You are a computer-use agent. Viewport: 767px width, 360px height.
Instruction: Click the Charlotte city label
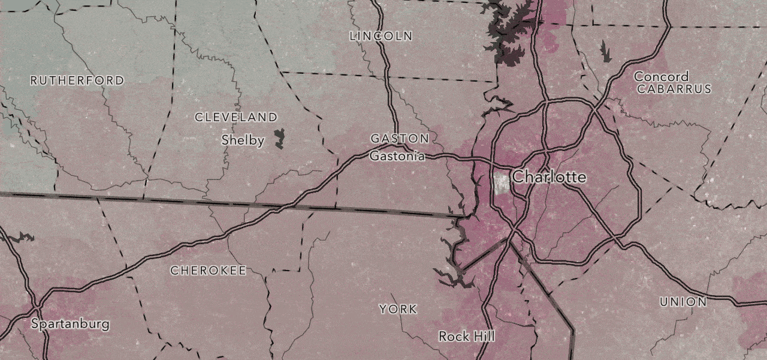(549, 177)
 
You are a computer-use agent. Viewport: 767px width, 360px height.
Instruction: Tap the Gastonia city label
(397, 157)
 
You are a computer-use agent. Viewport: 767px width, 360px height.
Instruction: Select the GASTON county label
(399, 139)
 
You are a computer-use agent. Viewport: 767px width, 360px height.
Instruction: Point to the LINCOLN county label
(381, 36)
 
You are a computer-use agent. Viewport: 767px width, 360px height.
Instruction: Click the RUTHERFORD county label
(77, 80)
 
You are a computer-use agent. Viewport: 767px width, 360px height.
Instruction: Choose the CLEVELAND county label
(236, 117)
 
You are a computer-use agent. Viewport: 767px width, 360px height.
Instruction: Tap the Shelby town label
(243, 140)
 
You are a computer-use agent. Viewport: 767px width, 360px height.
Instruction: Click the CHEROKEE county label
(208, 271)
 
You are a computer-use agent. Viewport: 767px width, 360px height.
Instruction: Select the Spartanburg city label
(70, 324)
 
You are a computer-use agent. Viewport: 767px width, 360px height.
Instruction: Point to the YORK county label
(398, 309)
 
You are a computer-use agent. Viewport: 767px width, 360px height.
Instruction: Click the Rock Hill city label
(467, 336)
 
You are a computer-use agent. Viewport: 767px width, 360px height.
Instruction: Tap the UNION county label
(683, 302)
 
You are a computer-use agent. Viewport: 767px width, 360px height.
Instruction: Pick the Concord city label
(661, 77)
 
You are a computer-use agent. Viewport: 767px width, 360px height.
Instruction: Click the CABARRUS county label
(674, 89)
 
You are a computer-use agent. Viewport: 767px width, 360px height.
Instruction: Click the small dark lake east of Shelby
(279, 138)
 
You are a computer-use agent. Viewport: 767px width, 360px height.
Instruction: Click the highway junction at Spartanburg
(37, 307)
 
